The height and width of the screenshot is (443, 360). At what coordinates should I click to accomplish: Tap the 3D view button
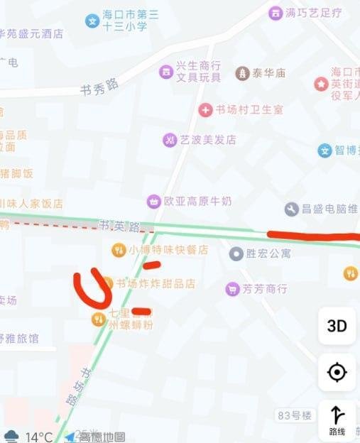pyautogui.click(x=337, y=326)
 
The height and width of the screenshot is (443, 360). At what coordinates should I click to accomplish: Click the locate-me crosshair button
pyautogui.click(x=337, y=372)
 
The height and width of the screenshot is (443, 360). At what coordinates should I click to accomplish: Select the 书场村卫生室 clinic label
pyautogui.click(x=249, y=109)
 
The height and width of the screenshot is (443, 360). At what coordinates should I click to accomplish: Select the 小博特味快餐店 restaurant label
pyautogui.click(x=168, y=250)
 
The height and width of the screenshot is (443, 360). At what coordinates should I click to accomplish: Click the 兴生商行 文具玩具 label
pyautogui.click(x=198, y=72)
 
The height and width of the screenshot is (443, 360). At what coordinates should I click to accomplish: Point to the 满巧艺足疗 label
pyautogui.click(x=313, y=13)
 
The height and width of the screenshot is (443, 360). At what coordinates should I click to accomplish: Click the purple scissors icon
pyautogui.click(x=170, y=140)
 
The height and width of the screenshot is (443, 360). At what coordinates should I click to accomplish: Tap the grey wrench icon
pyautogui.click(x=292, y=209)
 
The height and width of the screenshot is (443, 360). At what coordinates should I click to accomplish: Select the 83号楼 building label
pyautogui.click(x=294, y=415)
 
